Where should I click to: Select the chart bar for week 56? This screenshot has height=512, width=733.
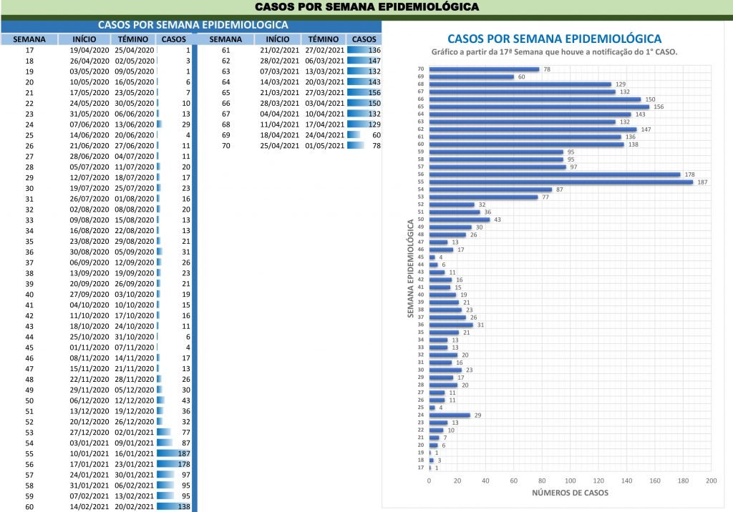point(554,174)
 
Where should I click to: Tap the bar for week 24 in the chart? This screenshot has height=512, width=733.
point(449,415)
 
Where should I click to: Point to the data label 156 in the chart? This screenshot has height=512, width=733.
point(659,107)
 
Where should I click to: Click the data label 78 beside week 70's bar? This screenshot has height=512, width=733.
point(546,69)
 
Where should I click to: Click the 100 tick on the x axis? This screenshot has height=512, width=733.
point(571,480)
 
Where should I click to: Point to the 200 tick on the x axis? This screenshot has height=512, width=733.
point(711,480)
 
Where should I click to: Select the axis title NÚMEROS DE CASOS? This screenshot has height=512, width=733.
point(570,493)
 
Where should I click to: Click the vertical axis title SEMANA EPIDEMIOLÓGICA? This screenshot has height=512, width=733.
point(410,269)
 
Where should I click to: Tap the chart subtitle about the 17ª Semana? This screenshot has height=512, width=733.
point(554,53)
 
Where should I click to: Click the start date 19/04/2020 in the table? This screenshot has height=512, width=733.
point(89,51)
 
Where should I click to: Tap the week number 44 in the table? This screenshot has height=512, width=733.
point(29,336)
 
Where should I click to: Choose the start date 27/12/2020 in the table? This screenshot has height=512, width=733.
point(89,432)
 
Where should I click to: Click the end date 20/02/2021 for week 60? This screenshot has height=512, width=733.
point(135,506)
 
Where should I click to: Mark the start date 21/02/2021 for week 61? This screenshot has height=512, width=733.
point(279,51)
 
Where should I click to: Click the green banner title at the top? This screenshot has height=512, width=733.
point(366,7)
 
